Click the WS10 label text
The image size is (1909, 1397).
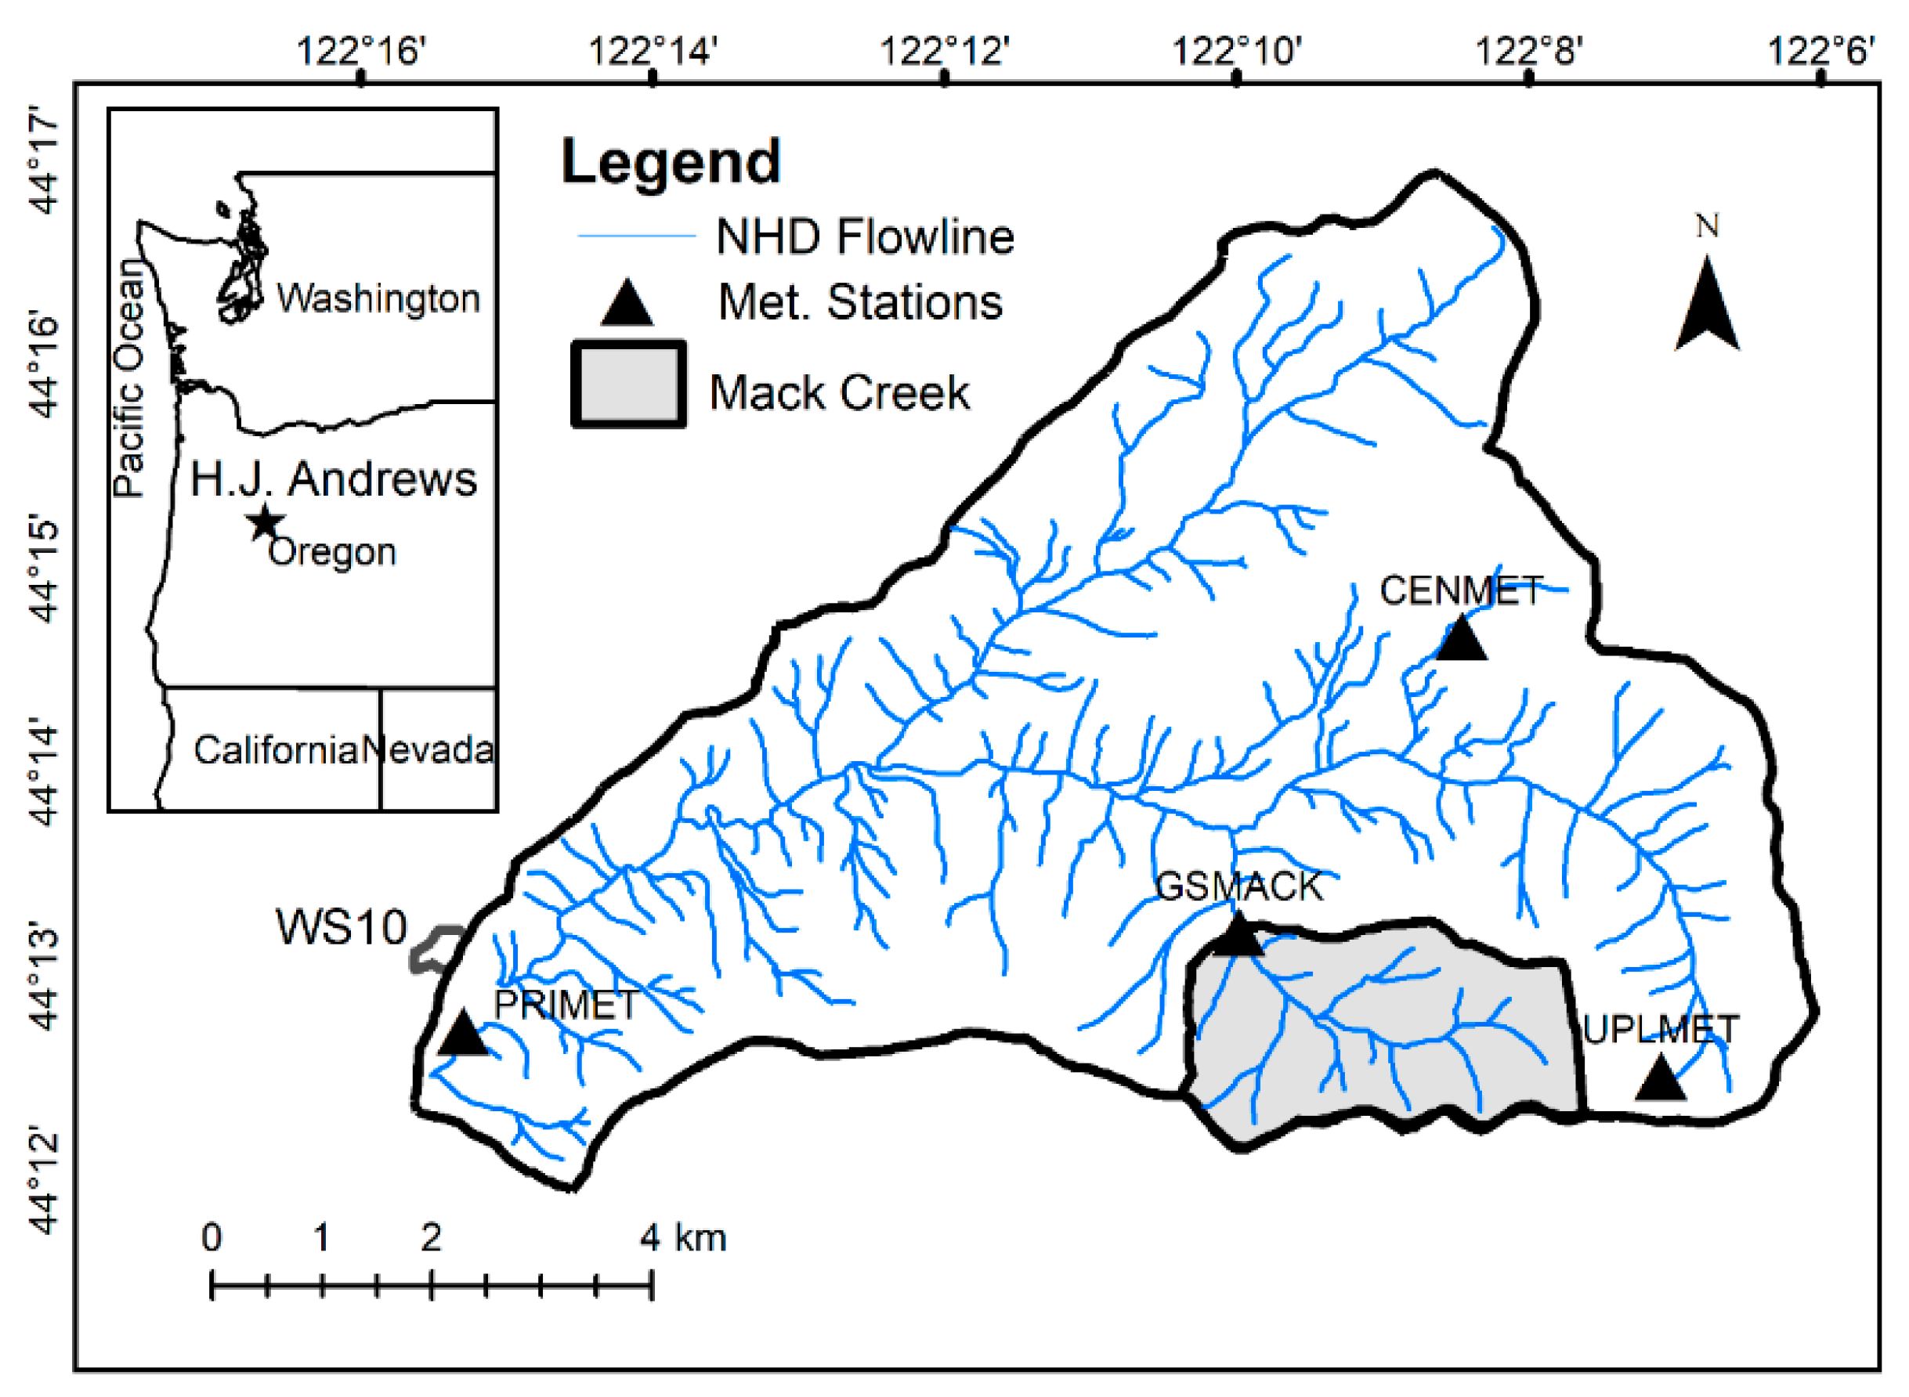tap(341, 927)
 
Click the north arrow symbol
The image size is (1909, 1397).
tap(1707, 306)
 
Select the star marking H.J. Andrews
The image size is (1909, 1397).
tap(266, 522)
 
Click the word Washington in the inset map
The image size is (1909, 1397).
tap(378, 298)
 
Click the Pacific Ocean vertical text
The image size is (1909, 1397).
tap(128, 378)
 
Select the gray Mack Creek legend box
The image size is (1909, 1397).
tap(627, 384)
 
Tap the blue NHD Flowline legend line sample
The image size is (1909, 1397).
tap(635, 236)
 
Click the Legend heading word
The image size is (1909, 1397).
tap(671, 161)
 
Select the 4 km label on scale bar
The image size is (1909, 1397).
tap(682, 1238)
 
